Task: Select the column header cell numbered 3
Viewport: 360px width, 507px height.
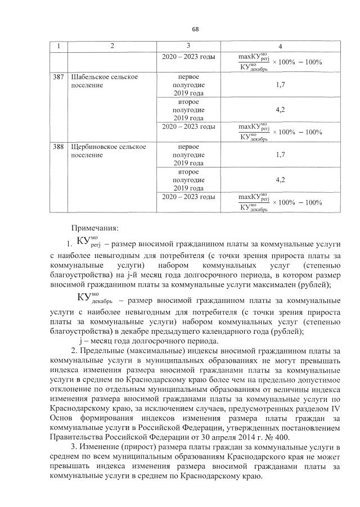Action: pos(188,46)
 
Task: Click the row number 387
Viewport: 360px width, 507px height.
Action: pos(58,76)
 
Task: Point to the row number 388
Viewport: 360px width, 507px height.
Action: pos(58,147)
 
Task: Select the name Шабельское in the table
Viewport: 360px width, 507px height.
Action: pos(90,76)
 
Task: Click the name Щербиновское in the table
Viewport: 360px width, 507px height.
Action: pos(93,147)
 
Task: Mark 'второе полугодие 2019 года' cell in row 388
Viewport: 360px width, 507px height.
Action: pos(188,179)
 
